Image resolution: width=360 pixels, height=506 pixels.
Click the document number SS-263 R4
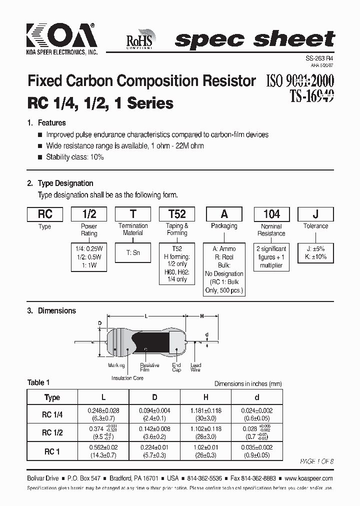click(319, 58)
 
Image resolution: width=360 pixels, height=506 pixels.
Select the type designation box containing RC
click(45, 214)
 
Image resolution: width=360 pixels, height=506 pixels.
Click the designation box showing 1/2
click(89, 214)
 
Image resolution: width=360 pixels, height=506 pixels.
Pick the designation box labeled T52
click(177, 214)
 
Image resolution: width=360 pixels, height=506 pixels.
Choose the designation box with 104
click(271, 214)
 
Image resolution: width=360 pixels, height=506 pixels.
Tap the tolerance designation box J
click(315, 214)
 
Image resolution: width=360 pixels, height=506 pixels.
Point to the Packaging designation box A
click(224, 214)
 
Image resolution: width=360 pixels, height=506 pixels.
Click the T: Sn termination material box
click(133, 253)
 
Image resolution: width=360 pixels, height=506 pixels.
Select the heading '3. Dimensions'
click(51, 310)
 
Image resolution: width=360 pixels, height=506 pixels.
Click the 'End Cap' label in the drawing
click(176, 367)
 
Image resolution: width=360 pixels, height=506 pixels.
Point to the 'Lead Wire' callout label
click(195, 367)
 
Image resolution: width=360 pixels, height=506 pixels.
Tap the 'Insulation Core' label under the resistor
click(127, 378)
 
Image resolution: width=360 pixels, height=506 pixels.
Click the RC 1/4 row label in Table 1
click(52, 414)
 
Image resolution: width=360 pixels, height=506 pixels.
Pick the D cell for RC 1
click(154, 451)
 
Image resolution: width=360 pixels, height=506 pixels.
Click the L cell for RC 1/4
click(103, 414)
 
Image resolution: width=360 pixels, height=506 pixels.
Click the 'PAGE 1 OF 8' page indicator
click(316, 461)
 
